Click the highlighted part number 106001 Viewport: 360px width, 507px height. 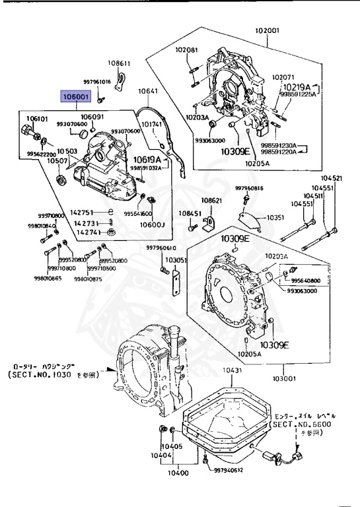point(77,96)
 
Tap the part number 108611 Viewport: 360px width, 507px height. point(120,63)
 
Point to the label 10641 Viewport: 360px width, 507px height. point(147,91)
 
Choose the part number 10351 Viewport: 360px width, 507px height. point(275,217)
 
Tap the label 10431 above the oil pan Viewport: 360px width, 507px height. point(232,371)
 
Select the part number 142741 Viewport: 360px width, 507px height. point(88,232)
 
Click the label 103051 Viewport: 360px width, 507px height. point(176,261)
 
